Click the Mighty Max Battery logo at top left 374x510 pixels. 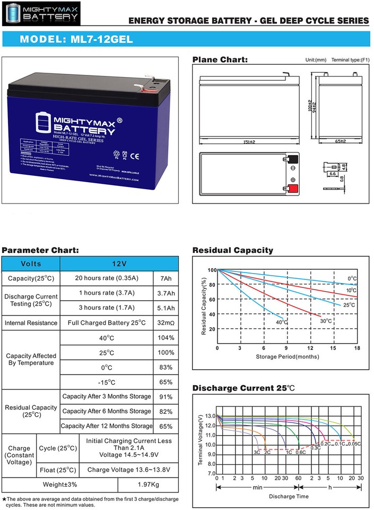42,14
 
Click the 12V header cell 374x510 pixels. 119,263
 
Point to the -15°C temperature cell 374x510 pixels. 107,382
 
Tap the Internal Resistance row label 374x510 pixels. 31,322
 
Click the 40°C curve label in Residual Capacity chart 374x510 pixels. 282,322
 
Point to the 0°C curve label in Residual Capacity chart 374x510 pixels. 352,278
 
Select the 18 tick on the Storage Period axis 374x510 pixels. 357,348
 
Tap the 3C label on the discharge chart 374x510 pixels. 257,452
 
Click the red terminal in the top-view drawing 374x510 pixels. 291,187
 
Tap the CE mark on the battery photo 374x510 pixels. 134,157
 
